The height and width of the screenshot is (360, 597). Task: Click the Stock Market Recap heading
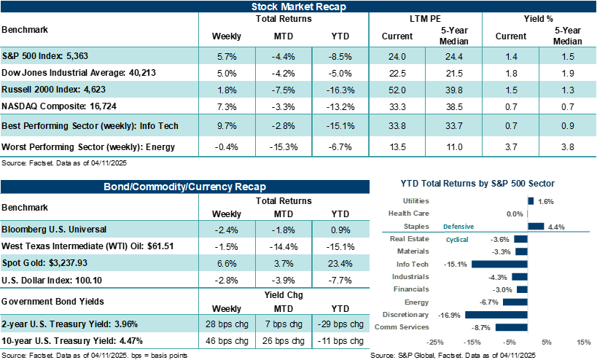[x=298, y=7]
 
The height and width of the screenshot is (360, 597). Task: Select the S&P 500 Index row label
[x=45, y=56]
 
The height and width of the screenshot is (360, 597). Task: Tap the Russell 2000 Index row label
[x=50, y=90]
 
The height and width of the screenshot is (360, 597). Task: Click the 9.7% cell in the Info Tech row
[x=227, y=125]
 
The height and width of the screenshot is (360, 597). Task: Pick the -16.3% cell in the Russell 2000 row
[x=340, y=90]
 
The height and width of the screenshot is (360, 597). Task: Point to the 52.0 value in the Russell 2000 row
[x=397, y=90]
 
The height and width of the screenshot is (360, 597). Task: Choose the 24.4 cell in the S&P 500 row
[x=454, y=56]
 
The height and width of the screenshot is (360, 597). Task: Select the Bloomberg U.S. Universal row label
[x=55, y=229]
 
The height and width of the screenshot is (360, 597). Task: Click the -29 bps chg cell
[x=340, y=324]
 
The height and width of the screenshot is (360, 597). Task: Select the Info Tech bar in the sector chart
[x=499, y=264]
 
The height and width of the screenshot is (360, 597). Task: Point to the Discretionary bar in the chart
[x=496, y=315]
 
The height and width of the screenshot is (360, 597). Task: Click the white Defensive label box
[x=459, y=226]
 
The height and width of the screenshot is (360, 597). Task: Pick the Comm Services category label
[x=402, y=327]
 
